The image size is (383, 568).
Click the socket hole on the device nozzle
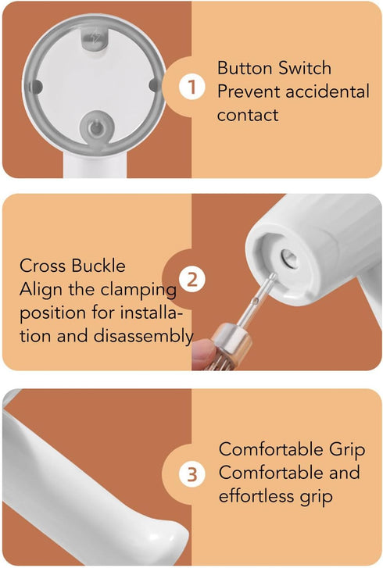(285, 255)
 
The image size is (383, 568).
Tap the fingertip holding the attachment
(202, 352)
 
